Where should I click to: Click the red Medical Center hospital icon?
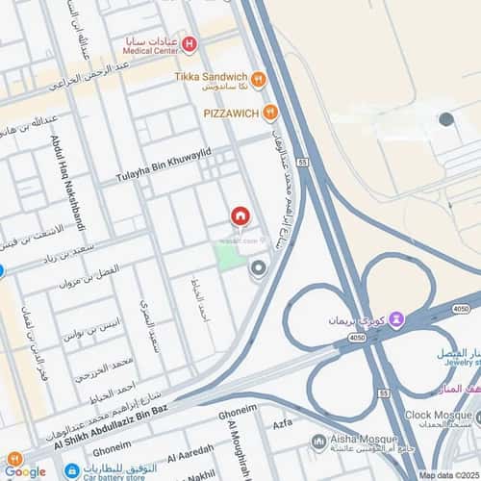click(x=190, y=43)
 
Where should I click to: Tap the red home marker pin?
click(x=240, y=216)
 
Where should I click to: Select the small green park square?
click(x=229, y=255)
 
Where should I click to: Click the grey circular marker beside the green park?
click(x=258, y=268)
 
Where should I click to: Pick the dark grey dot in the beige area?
click(x=446, y=119)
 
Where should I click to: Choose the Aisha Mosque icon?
click(x=319, y=442)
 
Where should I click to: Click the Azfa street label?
click(x=283, y=423)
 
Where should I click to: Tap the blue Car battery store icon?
click(x=71, y=471)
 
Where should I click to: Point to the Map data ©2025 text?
click(x=447, y=474)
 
